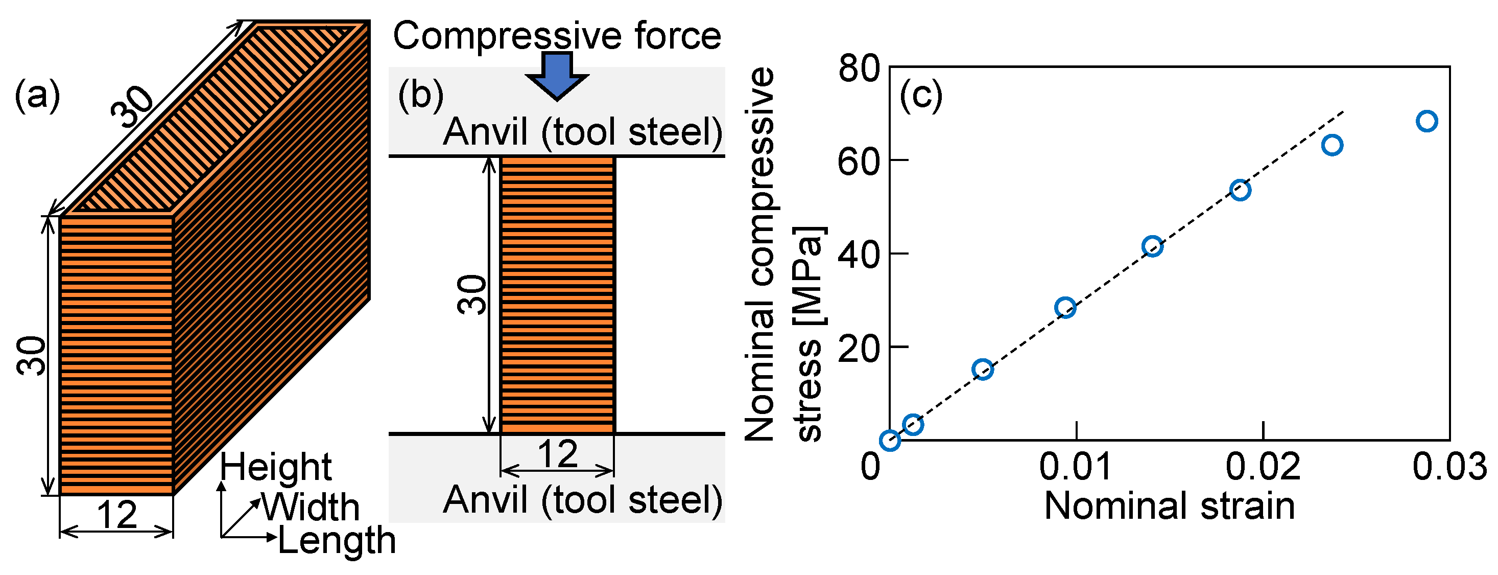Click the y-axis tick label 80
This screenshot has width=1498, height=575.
pos(859,68)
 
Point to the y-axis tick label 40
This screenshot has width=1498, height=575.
pos(859,255)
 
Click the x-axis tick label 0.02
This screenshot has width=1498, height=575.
pos(1263,466)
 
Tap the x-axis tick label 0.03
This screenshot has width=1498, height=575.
pos(1449,466)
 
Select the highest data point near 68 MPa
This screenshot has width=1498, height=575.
pos(1427,121)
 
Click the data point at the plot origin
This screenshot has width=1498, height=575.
pos(890,441)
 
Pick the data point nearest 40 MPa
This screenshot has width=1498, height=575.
pos(1152,247)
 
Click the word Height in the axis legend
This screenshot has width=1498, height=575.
pos(275,467)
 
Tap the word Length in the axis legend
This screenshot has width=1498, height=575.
pos(337,540)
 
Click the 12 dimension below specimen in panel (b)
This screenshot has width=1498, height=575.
pos(557,454)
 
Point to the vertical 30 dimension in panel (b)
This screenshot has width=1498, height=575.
pos(472,295)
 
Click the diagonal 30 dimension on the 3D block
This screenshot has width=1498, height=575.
pos(133,106)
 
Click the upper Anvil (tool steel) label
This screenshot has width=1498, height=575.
pos(582,132)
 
